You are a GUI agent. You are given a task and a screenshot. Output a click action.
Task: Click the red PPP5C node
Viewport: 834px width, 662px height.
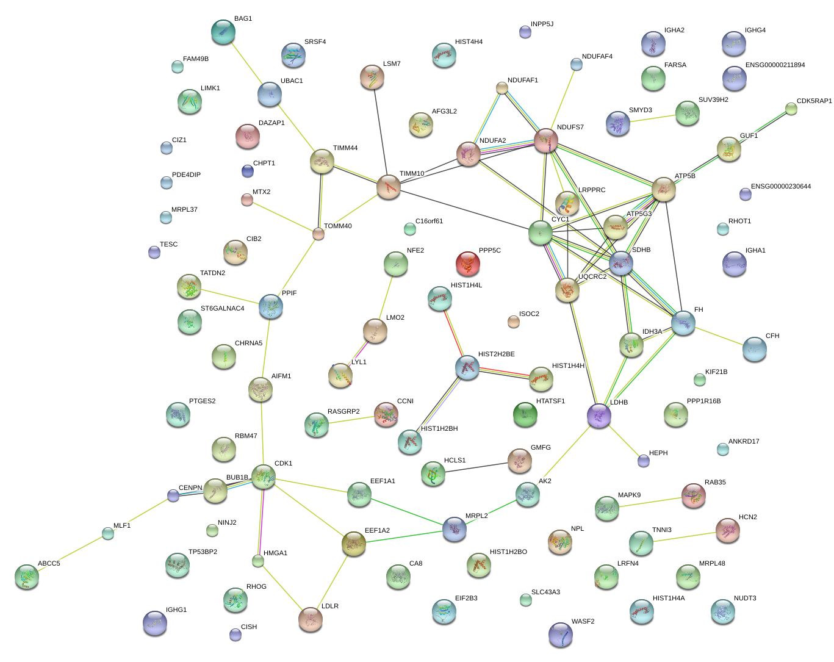(x=467, y=263)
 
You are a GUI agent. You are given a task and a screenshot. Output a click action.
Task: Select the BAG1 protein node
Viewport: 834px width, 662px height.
(x=223, y=32)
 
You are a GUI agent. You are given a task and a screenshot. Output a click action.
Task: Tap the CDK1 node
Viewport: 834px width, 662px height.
(x=264, y=477)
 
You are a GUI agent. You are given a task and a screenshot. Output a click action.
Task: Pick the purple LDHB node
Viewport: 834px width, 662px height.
(x=599, y=415)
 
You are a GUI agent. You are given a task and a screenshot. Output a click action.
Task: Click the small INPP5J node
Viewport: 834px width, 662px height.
(x=525, y=31)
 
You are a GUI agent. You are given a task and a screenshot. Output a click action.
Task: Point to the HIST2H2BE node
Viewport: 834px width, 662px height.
(x=467, y=367)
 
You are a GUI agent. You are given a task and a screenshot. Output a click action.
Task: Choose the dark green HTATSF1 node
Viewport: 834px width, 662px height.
(x=525, y=414)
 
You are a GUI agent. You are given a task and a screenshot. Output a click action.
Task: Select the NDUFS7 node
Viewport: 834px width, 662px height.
(x=546, y=140)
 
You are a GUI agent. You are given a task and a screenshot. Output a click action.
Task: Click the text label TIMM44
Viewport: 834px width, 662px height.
(x=345, y=148)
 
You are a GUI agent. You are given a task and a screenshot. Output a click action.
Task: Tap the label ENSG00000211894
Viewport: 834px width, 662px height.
(x=775, y=65)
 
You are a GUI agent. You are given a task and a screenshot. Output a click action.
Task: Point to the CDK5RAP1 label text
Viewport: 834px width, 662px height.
(x=814, y=101)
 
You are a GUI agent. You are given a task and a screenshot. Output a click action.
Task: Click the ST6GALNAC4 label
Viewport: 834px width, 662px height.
(x=222, y=308)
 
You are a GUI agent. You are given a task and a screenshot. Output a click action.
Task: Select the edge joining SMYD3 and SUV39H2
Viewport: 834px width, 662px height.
(x=653, y=118)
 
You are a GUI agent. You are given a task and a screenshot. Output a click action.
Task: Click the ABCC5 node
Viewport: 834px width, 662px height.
(x=27, y=576)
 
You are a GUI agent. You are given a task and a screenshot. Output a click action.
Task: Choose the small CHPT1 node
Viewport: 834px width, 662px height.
(x=247, y=171)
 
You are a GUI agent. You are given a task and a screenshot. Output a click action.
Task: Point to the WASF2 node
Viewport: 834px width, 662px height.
(x=560, y=635)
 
